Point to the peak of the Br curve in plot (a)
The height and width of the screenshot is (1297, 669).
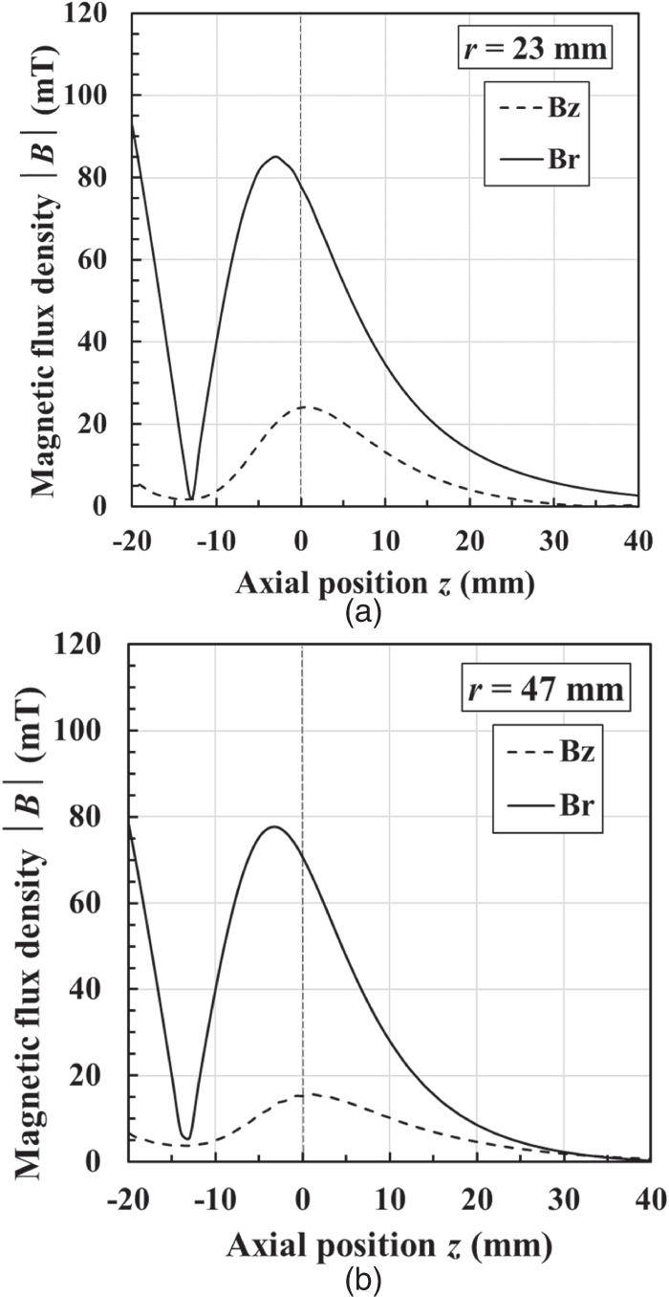pos(275,157)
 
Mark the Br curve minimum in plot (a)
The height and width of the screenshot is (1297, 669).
pos(191,498)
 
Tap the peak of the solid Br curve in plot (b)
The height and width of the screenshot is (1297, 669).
pos(275,826)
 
